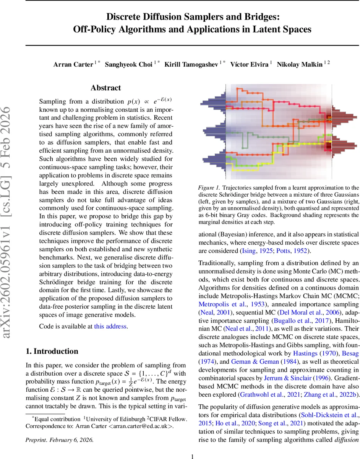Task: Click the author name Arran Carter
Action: [73, 64]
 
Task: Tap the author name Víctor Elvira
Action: [250, 64]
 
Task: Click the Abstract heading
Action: [106, 88]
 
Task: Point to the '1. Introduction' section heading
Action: [52, 352]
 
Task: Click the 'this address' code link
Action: [110, 326]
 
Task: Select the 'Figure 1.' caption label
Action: [209, 188]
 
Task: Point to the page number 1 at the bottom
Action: [193, 446]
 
